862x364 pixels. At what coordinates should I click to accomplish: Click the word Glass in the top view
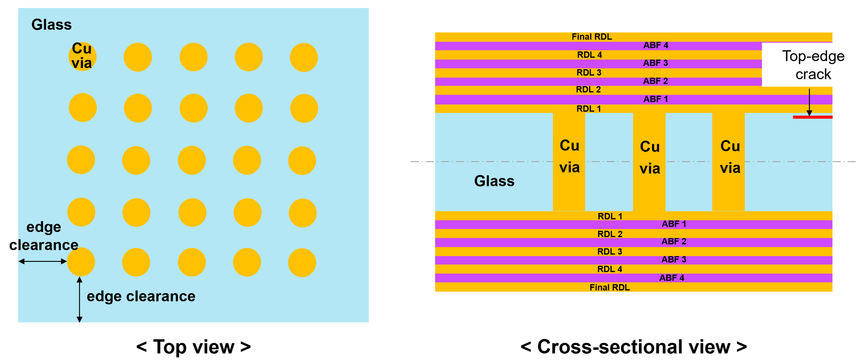point(52,24)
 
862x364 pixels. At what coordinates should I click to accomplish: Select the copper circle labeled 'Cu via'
point(82,56)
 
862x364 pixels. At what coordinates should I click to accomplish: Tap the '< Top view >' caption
point(193,347)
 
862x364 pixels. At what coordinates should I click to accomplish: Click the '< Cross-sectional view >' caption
point(633,347)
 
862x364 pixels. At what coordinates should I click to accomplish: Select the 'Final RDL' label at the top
point(592,36)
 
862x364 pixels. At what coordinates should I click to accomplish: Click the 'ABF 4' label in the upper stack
point(655,45)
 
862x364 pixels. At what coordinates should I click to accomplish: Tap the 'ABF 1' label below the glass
point(673,224)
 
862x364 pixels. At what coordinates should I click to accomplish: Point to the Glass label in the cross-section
point(494,181)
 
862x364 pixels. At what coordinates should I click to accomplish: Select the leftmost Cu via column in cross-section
point(569,157)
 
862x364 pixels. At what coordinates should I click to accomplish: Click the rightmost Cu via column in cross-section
point(728,157)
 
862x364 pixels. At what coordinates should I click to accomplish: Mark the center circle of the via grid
point(192,160)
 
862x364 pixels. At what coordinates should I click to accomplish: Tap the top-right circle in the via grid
point(304,57)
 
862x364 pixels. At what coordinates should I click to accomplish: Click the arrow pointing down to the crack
point(809,102)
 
